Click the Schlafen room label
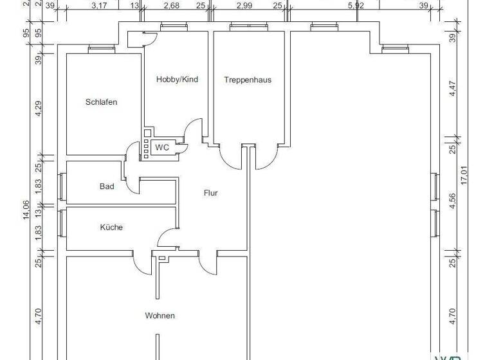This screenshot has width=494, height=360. pyautogui.click(x=102, y=102)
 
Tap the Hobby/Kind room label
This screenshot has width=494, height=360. pyautogui.click(x=177, y=80)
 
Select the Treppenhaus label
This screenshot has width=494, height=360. pyautogui.click(x=248, y=80)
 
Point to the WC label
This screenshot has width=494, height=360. pyautogui.click(x=162, y=147)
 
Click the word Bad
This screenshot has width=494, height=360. pyautogui.click(x=107, y=186)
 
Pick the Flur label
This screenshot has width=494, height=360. pyautogui.click(x=210, y=192)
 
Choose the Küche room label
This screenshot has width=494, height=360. pyautogui.click(x=111, y=227)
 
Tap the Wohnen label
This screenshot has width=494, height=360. pyautogui.click(x=160, y=316)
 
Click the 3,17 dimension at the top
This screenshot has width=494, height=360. pyautogui.click(x=99, y=6)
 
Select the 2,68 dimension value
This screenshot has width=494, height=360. pyautogui.click(x=171, y=6)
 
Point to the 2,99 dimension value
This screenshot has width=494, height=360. pyautogui.click(x=244, y=6)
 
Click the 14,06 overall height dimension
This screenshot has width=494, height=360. pyautogui.click(x=26, y=210)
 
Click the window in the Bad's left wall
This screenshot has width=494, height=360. pyautogui.click(x=61, y=186)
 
